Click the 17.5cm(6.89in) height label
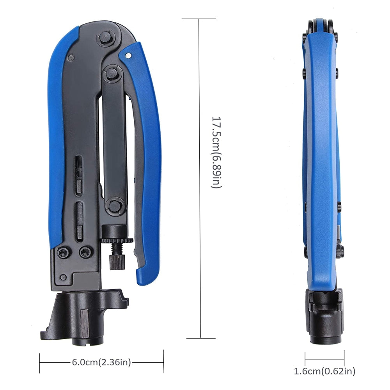[x=216, y=152]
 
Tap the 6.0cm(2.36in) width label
[x=101, y=362]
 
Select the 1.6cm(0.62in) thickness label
[x=324, y=371]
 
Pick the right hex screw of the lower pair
[x=84, y=253]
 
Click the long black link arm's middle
[x=113, y=140]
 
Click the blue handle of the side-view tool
[x=320, y=156]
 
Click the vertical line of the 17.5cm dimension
[x=200, y=179]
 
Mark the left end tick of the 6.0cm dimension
[x=40, y=362]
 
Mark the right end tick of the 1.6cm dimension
[x=344, y=356]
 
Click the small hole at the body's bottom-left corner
[x=63, y=278]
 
